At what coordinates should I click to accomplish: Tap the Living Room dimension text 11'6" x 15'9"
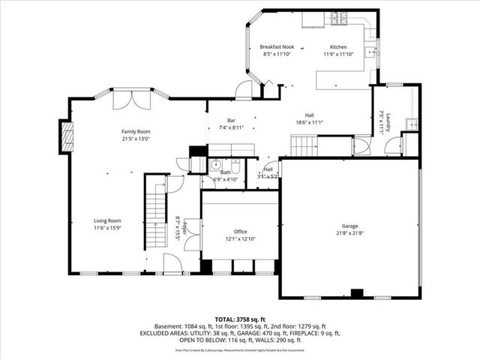(x=107, y=228)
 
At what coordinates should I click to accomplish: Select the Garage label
(x=349, y=226)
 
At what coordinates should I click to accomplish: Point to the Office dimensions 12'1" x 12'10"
(x=240, y=238)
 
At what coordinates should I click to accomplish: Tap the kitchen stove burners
(x=337, y=17)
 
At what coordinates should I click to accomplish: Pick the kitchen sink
(x=370, y=52)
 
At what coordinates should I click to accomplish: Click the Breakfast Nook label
(x=267, y=46)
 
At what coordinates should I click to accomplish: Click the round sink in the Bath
(x=215, y=165)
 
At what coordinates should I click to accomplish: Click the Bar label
(x=232, y=121)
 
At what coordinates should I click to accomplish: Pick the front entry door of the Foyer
(x=172, y=262)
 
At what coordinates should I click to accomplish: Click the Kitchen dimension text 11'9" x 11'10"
(x=337, y=54)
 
